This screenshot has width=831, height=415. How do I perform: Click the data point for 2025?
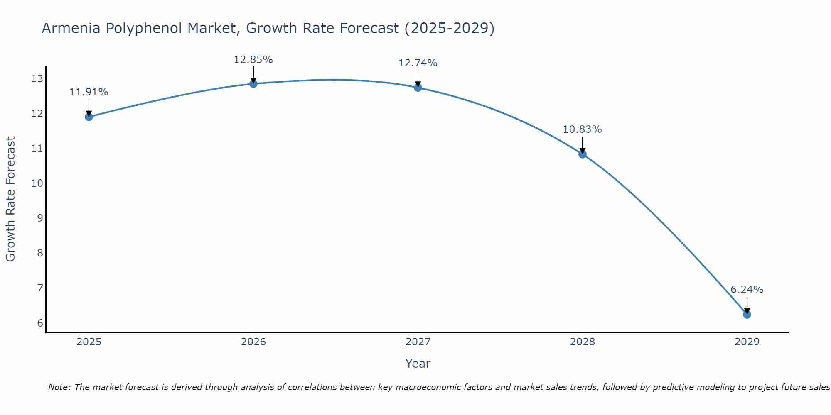coord(89,117)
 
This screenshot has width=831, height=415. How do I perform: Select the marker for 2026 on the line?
coord(253,84)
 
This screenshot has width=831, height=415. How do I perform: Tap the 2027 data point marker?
coord(418,88)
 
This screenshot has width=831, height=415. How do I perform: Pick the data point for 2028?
coord(582,154)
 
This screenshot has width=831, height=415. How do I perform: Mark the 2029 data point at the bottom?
coord(747,315)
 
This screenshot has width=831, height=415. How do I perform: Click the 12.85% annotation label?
coord(253,60)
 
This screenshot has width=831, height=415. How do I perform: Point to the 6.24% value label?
coord(747,290)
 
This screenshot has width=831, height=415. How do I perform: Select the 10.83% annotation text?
coord(582,129)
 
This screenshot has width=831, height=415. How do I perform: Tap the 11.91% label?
coord(89,92)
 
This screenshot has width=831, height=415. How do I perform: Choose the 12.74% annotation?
coord(418,63)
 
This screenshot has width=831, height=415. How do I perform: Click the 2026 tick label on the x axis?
coord(253,342)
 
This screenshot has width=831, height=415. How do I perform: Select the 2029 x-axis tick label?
coord(747,342)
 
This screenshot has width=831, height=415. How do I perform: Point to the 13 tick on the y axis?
coord(37,78)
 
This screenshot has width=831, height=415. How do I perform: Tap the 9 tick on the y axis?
coord(40,218)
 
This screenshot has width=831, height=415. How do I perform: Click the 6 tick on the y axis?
coord(40,323)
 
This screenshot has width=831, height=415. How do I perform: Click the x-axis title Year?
coord(418,364)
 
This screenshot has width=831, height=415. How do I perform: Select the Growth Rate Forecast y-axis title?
coord(10,199)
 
